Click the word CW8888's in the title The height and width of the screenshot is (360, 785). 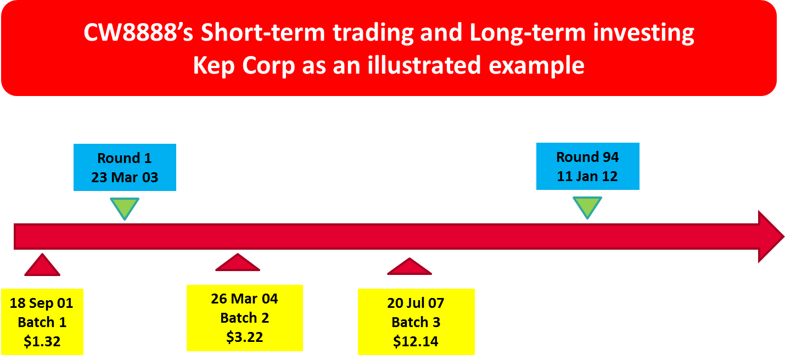(138, 32)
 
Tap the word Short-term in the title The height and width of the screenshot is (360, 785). (263, 32)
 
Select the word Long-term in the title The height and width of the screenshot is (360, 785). (528, 32)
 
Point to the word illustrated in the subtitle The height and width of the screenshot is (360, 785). (424, 65)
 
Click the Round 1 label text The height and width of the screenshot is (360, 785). (125, 158)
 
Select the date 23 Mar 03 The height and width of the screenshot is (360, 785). (125, 177)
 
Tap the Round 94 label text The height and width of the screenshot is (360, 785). (587, 157)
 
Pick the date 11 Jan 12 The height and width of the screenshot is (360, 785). (587, 176)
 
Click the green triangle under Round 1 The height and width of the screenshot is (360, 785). (125, 206)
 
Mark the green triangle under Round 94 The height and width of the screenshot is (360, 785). (587, 206)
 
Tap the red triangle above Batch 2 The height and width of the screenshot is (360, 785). (238, 264)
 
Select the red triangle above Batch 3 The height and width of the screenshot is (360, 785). (410, 268)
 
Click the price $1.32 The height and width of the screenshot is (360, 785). (42, 341)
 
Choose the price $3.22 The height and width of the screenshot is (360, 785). (245, 337)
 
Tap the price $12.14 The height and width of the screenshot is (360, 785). (416, 341)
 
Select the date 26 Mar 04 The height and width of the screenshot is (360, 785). (244, 299)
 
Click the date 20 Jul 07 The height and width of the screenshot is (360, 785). (416, 303)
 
